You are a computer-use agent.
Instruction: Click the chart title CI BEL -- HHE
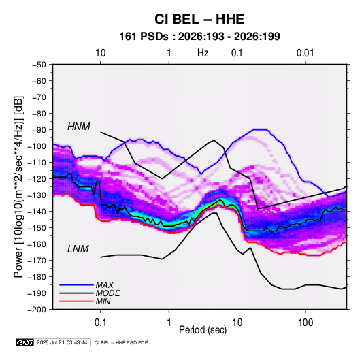click(199, 19)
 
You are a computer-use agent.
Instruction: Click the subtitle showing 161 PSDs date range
click(199, 37)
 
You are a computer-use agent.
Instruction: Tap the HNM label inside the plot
click(79, 127)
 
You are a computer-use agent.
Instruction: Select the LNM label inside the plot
click(78, 249)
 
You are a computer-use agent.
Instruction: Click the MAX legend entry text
click(105, 285)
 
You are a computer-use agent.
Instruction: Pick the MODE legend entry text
click(107, 293)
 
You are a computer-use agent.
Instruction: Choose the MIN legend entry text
click(103, 301)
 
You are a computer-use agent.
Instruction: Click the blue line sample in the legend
click(76, 285)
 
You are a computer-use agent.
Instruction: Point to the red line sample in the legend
click(76, 301)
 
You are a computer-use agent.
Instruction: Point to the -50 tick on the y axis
click(39, 65)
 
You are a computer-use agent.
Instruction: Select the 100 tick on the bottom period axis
click(305, 323)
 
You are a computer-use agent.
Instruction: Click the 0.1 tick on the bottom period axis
click(100, 323)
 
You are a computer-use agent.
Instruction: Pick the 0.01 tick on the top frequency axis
click(305, 53)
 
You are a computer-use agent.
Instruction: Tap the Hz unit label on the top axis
click(203, 53)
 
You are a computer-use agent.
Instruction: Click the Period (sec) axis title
click(203, 330)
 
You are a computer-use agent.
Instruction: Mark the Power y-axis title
click(18, 186)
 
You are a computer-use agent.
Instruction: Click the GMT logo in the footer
click(25, 342)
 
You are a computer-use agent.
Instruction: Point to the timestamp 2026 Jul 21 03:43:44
click(62, 342)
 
